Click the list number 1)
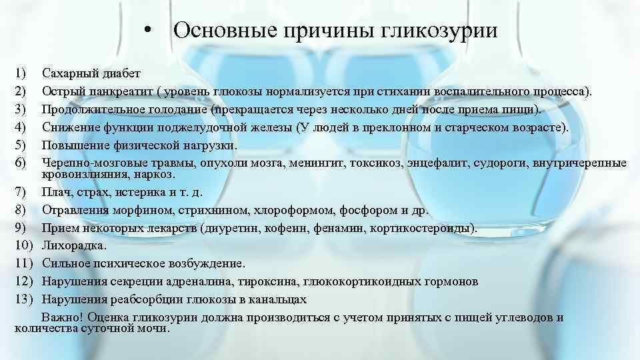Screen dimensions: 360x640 coord(19,73)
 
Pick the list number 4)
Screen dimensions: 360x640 coord(19,127)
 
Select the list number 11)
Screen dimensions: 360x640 coord(22,264)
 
